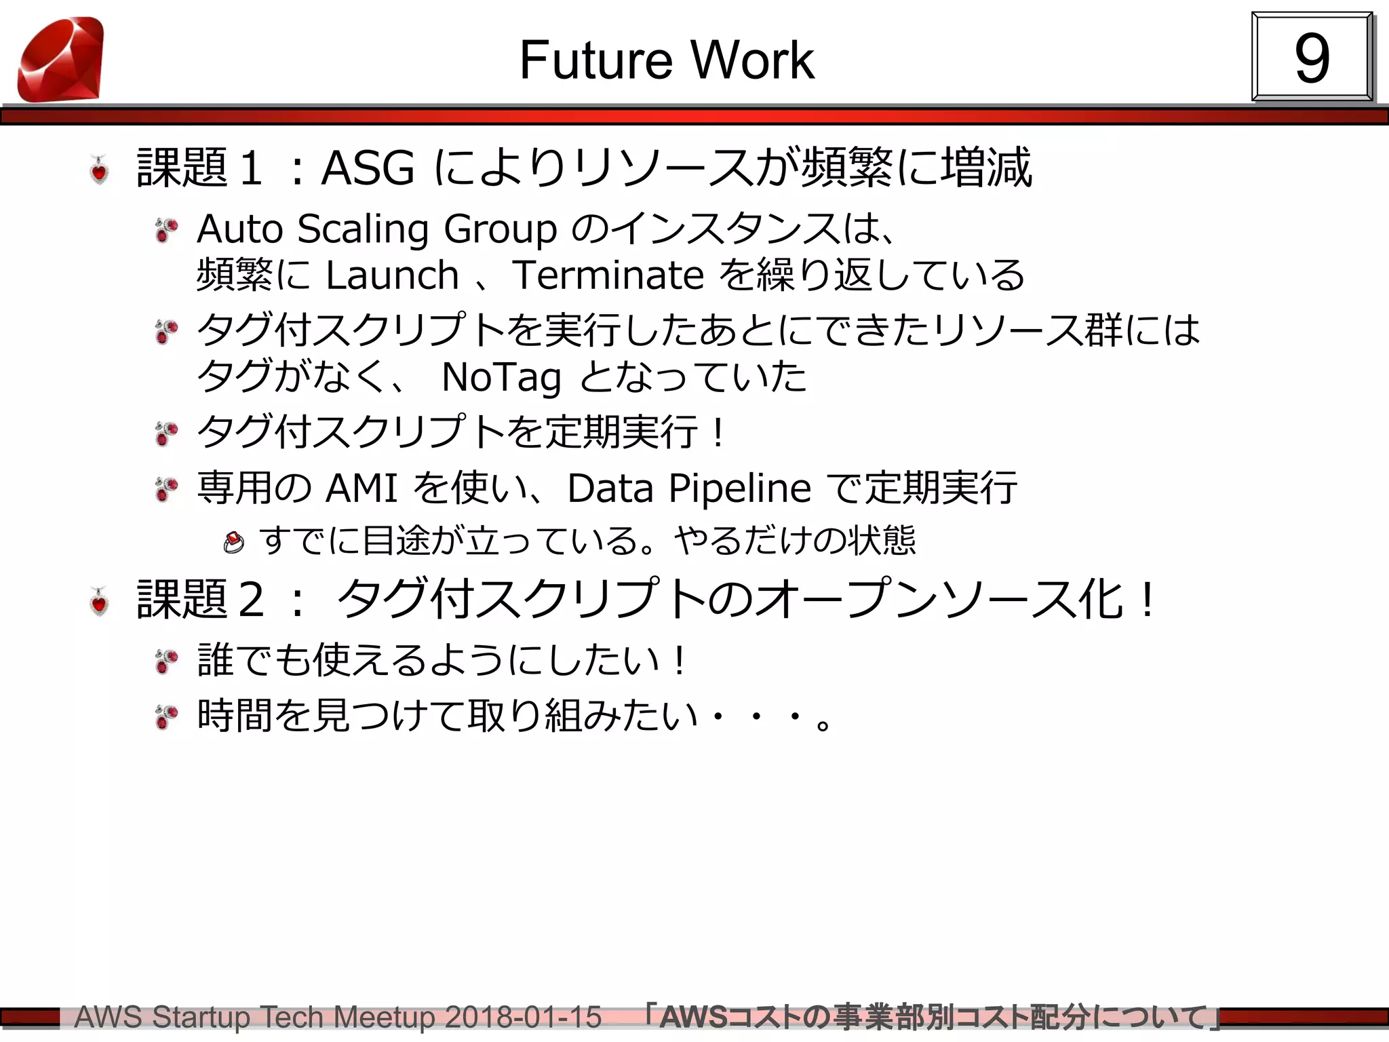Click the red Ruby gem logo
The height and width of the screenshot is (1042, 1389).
[61, 60]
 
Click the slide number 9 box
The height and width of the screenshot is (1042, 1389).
[1312, 58]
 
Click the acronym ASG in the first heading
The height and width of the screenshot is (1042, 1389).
[368, 168]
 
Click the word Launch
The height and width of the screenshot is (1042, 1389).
[392, 275]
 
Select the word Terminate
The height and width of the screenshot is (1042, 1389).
[608, 275]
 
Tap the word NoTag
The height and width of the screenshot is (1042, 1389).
[501, 377]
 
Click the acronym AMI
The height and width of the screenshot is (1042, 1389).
[361, 488]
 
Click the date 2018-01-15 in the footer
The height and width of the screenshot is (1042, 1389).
[523, 1018]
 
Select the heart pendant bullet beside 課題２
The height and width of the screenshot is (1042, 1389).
[100, 601]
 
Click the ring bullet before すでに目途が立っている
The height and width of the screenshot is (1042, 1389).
[233, 543]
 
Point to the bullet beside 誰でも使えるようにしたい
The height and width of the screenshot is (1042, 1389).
[166, 661]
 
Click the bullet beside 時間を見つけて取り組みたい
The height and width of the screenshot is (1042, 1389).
[166, 717]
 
